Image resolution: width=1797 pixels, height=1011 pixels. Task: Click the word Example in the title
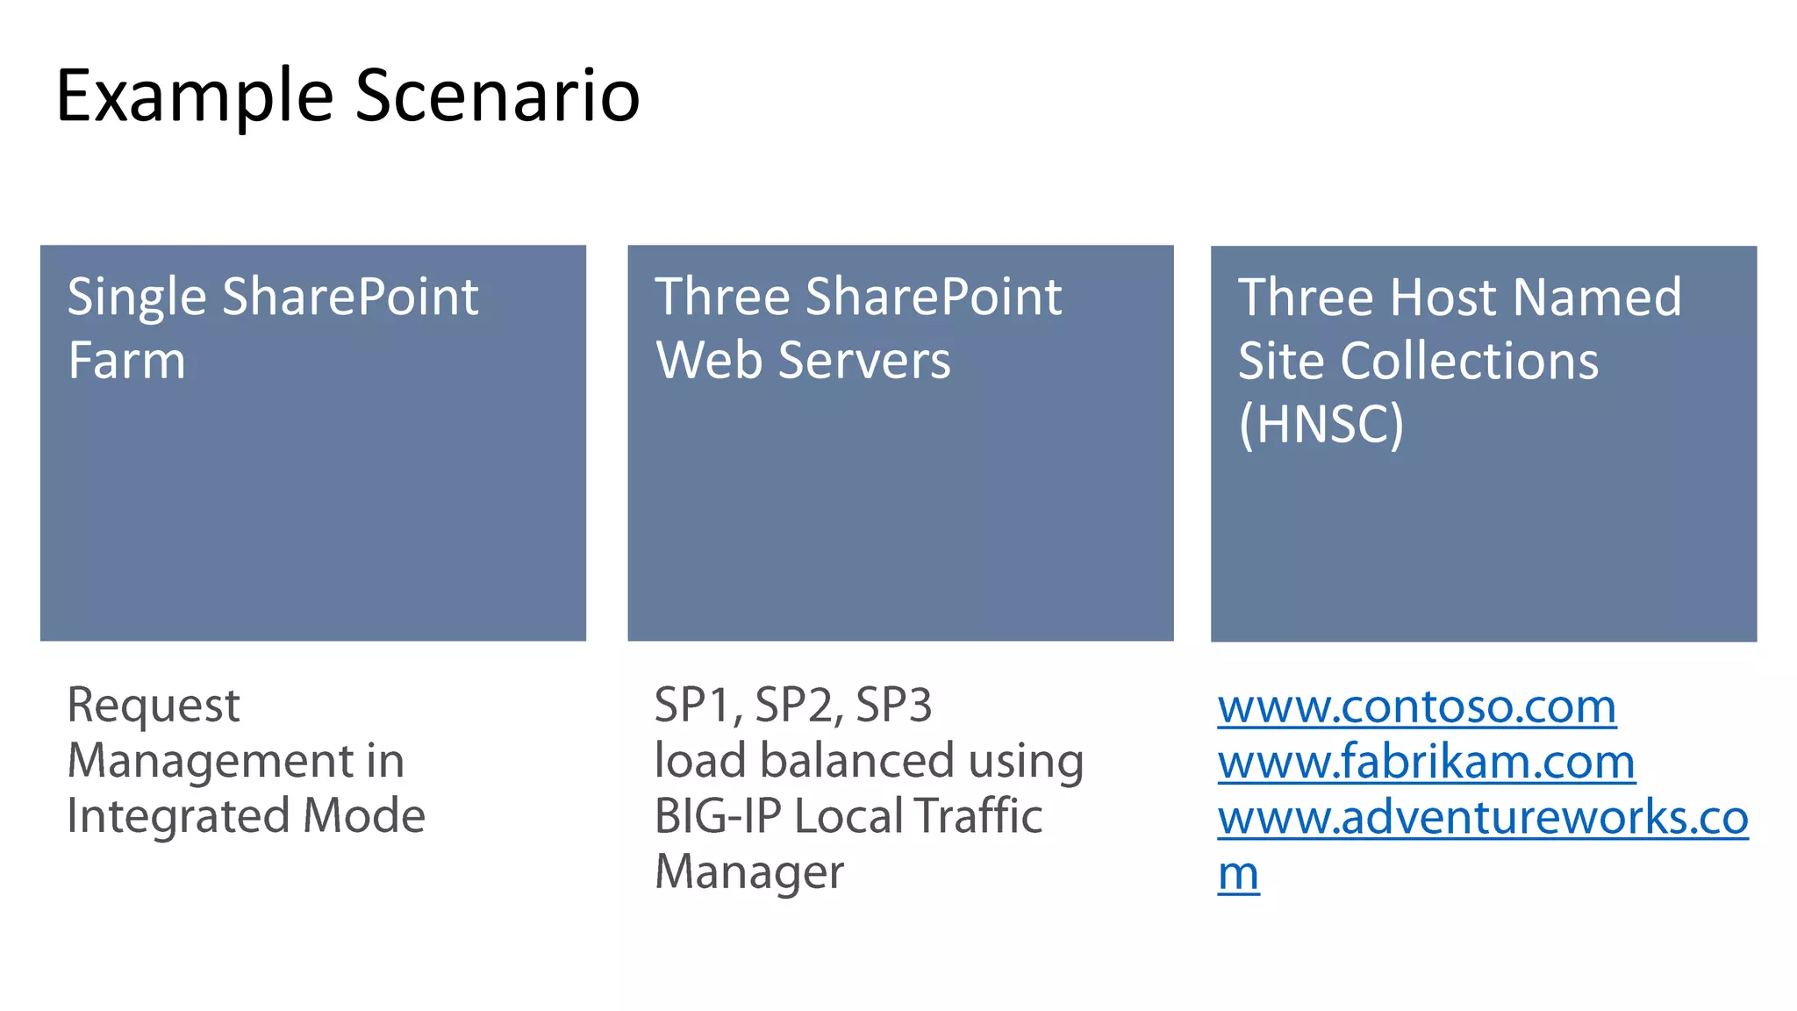[195, 97]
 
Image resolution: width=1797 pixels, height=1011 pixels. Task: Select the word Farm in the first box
[127, 361]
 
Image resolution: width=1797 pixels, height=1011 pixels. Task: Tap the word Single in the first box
[137, 298]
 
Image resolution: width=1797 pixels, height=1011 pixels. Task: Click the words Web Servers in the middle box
[803, 361]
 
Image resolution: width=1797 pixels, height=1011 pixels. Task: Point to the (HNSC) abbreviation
[1321, 425]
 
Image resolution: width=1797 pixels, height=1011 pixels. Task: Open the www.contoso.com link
[1416, 706]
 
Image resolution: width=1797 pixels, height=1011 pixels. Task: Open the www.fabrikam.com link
[1426, 762]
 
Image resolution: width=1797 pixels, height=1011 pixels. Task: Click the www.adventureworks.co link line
[1483, 818]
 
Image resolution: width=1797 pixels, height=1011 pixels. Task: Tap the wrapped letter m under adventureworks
[1238, 874]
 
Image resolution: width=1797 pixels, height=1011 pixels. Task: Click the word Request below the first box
[154, 706]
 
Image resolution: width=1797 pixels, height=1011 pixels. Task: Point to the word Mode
[364, 816]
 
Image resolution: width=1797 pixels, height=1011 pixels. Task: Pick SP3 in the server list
[893, 706]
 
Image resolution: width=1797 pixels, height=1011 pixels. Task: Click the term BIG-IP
[718, 816]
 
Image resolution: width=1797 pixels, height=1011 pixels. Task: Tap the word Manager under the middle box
[749, 873]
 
